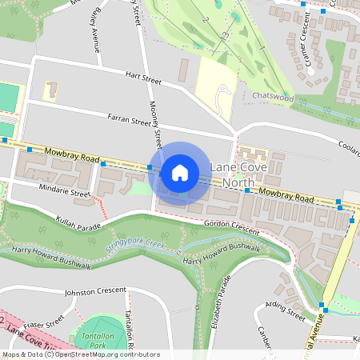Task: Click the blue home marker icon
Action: tap(180, 173)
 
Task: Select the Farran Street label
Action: tap(130, 122)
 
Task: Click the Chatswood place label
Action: tap(273, 97)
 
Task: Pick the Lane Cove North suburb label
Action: tap(237, 175)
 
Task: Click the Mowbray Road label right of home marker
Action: tap(286, 194)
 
